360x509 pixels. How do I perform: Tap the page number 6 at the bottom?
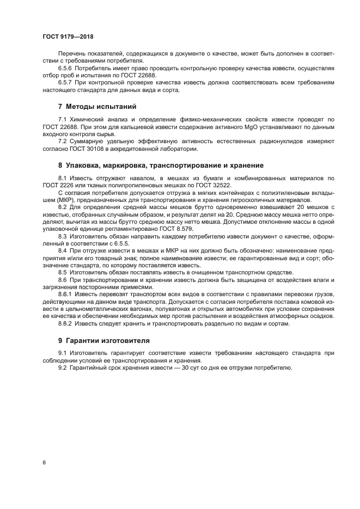44,462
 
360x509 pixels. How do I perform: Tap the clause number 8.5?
63,272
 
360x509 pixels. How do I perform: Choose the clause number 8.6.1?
66,293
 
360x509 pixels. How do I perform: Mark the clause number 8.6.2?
66,323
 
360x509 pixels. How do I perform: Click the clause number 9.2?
63,367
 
